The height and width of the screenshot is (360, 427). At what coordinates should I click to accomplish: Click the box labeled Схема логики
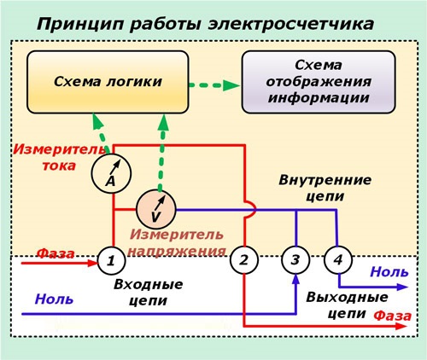[108, 82]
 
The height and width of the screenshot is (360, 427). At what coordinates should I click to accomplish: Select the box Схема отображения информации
[319, 82]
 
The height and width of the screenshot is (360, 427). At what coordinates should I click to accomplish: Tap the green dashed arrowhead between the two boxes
[231, 85]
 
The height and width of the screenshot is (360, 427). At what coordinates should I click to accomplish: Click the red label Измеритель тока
[58, 157]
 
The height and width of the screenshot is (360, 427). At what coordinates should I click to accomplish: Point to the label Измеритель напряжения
[178, 242]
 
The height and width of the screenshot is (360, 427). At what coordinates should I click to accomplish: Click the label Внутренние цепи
[325, 188]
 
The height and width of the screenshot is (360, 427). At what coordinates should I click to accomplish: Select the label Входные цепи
[148, 293]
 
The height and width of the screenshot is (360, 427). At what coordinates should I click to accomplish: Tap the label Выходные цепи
[347, 305]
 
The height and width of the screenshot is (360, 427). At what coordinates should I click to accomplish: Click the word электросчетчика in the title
[290, 24]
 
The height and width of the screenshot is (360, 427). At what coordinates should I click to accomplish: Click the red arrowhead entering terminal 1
[92, 263]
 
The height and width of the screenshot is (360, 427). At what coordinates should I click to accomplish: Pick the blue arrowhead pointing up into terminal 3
[296, 279]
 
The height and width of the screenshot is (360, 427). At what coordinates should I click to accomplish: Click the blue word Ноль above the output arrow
[389, 272]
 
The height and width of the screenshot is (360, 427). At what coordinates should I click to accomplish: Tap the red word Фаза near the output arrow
[393, 316]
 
